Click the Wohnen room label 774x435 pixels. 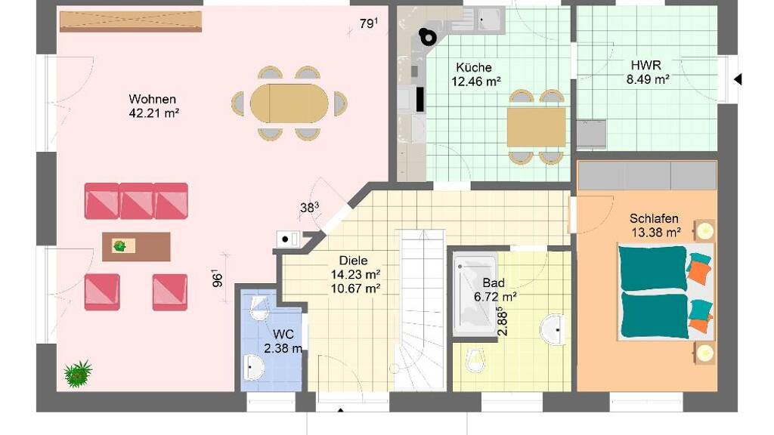click(x=153, y=99)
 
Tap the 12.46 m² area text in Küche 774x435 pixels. click(x=476, y=82)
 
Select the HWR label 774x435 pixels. click(x=646, y=65)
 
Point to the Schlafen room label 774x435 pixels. click(x=654, y=218)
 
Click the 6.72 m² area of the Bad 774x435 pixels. click(x=495, y=297)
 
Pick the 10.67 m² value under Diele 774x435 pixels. click(x=355, y=288)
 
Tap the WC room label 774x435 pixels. click(x=283, y=335)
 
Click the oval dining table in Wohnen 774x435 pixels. click(x=289, y=103)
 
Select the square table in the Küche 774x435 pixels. click(x=536, y=127)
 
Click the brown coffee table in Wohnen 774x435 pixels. click(x=136, y=247)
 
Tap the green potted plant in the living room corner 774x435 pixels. click(x=78, y=373)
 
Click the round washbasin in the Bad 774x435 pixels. click(x=553, y=329)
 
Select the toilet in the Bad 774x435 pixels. click(x=475, y=360)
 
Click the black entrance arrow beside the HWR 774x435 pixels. click(x=738, y=79)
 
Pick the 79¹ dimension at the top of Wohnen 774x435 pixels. click(x=369, y=23)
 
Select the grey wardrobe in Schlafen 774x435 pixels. click(x=647, y=175)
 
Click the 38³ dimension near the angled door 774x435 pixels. click(x=309, y=208)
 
